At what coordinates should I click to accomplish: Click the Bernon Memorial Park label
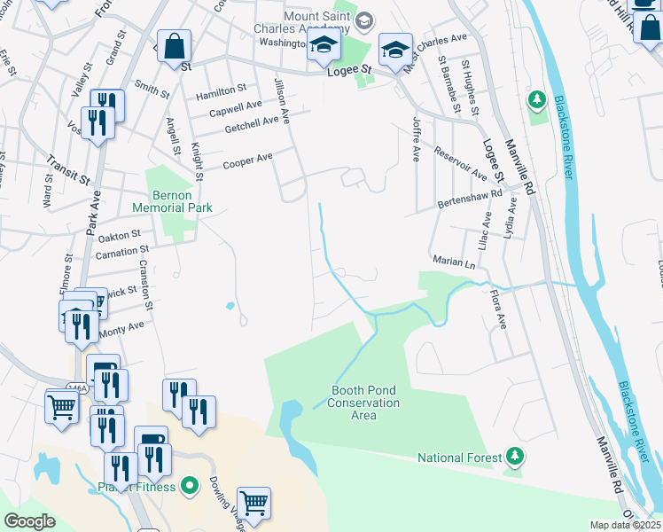[x=173, y=200]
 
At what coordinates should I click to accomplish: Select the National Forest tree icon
[x=513, y=457]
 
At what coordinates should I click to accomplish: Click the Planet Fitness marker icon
[x=188, y=486]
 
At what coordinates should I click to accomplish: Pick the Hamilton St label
[x=222, y=90]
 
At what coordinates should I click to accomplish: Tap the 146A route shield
[x=78, y=387]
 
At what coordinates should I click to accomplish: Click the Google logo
[x=29, y=521]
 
